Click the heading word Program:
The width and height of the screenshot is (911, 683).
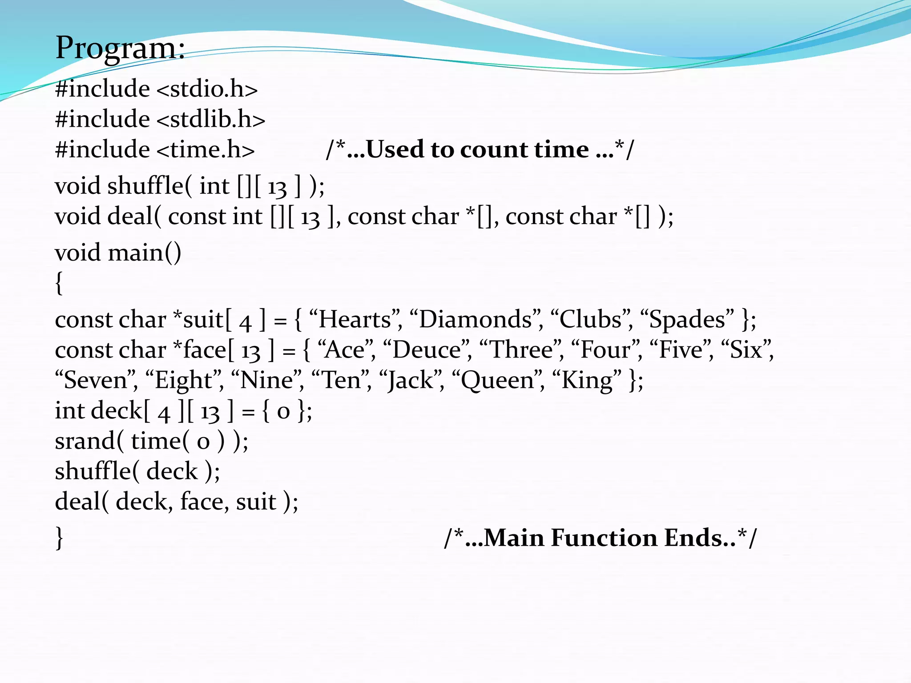[120, 48]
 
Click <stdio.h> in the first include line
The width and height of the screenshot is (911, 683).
[207, 89]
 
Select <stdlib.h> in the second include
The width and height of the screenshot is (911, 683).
[211, 119]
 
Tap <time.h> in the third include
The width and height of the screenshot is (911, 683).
[206, 149]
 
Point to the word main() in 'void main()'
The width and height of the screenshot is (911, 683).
[145, 253]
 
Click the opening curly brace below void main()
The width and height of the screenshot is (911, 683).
[59, 283]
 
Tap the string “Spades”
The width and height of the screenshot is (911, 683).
[687, 320]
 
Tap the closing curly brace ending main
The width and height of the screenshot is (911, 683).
[59, 538]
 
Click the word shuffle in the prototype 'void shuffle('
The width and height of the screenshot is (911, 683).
[145, 186]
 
